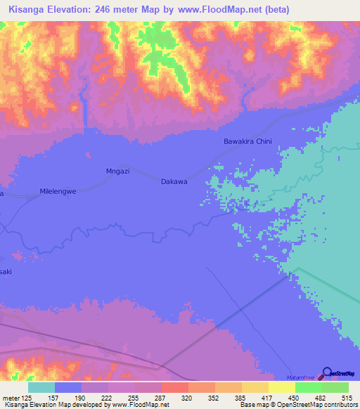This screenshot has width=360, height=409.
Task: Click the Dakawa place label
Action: pos(174,181)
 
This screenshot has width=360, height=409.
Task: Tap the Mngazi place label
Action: pos(115,170)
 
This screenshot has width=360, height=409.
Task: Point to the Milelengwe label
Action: pos(58,191)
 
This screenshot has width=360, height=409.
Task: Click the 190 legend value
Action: pos(81,398)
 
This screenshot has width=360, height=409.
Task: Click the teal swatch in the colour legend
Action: pos(41,387)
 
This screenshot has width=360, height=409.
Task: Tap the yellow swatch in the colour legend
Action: pos(281,387)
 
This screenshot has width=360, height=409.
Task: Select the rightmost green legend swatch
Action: pos(335,387)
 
